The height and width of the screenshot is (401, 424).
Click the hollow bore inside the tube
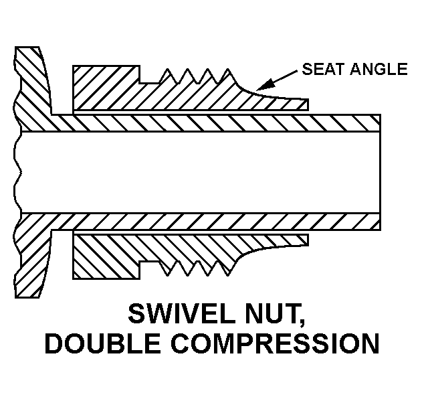[x=201, y=172]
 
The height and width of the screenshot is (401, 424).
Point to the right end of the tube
[x=379, y=172]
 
